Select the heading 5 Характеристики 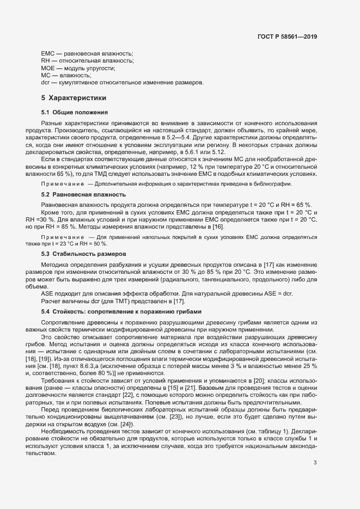coord(74,98)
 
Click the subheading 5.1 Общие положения coord(74,112)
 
